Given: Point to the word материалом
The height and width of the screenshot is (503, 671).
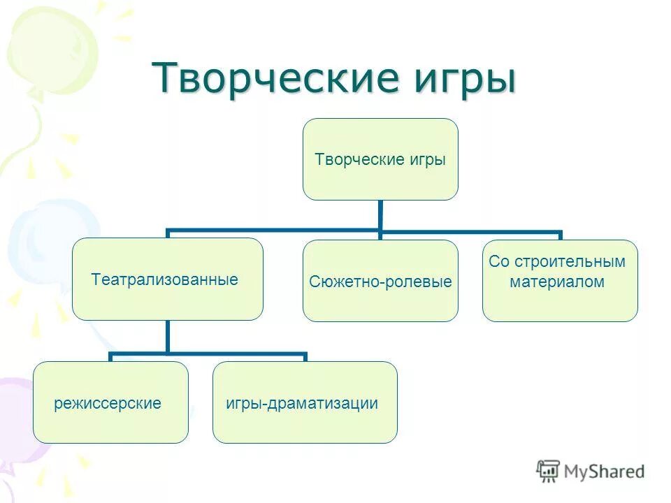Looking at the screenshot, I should (557, 282).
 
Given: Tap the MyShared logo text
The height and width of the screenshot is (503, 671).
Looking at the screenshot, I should (605, 472).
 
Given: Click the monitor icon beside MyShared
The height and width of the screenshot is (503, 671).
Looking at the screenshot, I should (549, 471).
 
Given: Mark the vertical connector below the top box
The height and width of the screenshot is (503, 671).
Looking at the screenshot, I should (380, 215).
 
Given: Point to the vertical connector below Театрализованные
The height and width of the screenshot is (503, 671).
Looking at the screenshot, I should (168, 337).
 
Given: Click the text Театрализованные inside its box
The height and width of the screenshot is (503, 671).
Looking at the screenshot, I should (165, 280).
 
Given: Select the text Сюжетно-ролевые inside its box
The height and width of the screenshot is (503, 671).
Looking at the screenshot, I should (380, 282).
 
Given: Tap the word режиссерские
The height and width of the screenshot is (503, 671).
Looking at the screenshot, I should (108, 403).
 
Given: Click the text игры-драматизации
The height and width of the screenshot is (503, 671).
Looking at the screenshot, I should (302, 403).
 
